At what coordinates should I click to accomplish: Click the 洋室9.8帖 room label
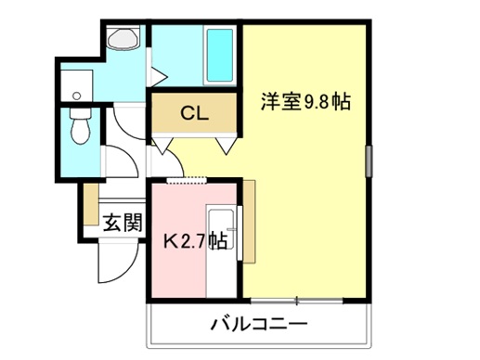click(305, 101)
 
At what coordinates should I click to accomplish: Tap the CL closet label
click(195, 113)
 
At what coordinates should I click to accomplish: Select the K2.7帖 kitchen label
click(195, 240)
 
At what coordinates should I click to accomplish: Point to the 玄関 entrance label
click(123, 223)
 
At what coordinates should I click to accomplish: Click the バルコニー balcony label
click(259, 324)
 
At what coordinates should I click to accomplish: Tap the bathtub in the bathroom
click(220, 55)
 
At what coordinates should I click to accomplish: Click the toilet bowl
click(81, 126)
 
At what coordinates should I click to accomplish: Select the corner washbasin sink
click(123, 39)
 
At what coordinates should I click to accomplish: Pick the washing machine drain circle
click(76, 96)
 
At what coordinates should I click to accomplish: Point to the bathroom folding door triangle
click(159, 76)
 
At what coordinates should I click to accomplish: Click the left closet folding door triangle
click(162, 145)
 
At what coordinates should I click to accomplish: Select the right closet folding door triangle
click(227, 146)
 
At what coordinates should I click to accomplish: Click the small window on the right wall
click(370, 161)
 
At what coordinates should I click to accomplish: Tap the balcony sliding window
click(297, 300)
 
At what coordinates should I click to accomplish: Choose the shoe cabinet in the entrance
click(91, 204)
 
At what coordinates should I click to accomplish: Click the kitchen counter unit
click(222, 251)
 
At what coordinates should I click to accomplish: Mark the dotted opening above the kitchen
click(187, 180)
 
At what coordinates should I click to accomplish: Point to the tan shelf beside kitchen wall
click(249, 222)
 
